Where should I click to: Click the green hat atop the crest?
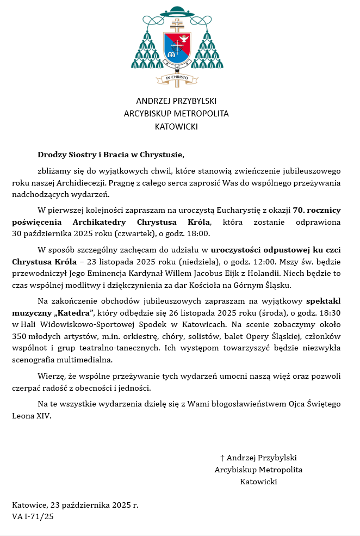(x=176, y=11)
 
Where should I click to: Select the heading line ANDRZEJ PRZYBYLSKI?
(x=176, y=101)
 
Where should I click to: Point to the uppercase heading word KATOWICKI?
(x=176, y=127)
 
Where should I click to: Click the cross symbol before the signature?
(x=222, y=458)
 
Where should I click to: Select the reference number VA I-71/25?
(x=33, y=516)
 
